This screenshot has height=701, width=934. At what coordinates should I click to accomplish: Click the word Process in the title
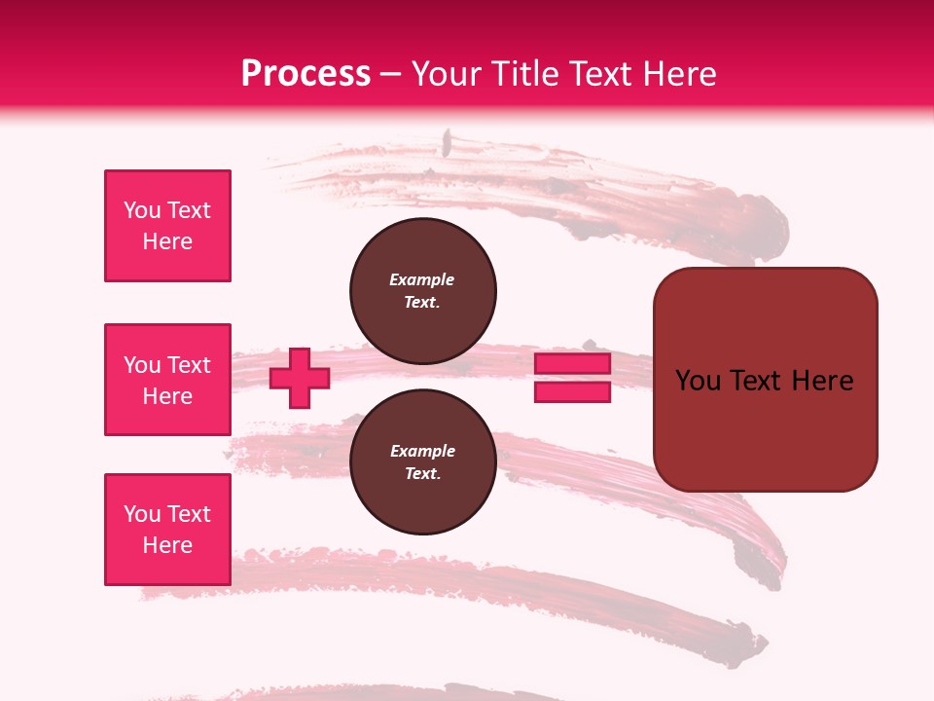305,73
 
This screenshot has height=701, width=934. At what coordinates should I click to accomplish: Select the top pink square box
167,226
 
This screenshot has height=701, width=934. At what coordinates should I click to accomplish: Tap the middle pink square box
167,380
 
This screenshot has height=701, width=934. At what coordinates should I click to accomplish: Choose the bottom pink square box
167,530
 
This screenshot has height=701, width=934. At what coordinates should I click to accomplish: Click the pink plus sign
300,378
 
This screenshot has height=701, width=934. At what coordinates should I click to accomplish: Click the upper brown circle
422,291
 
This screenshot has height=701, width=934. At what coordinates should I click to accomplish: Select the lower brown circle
422,462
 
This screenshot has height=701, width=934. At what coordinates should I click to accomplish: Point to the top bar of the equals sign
573,364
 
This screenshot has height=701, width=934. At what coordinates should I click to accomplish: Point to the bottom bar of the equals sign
573,391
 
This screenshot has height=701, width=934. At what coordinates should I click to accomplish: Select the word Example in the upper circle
422,279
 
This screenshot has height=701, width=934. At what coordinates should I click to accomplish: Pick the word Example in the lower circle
422,451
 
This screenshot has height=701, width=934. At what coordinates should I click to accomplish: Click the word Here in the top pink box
167,241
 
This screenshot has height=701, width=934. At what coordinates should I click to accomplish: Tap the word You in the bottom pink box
141,514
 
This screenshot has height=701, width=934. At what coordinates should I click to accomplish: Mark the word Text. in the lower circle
422,474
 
